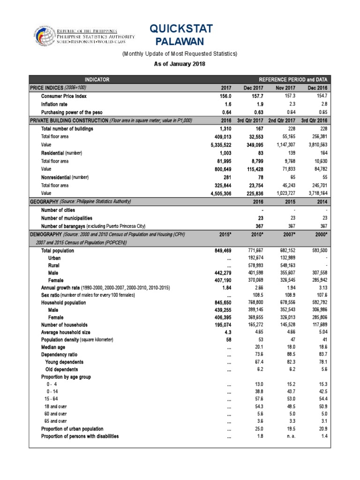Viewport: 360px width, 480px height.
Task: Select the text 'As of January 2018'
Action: tap(180, 64)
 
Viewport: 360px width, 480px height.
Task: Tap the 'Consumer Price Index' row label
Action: tap(64, 96)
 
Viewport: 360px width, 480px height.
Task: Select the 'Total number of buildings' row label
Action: tap(67, 128)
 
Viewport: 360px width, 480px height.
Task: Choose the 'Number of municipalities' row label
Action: tap(67, 218)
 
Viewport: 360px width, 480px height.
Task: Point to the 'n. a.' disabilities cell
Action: tap(286, 436)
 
